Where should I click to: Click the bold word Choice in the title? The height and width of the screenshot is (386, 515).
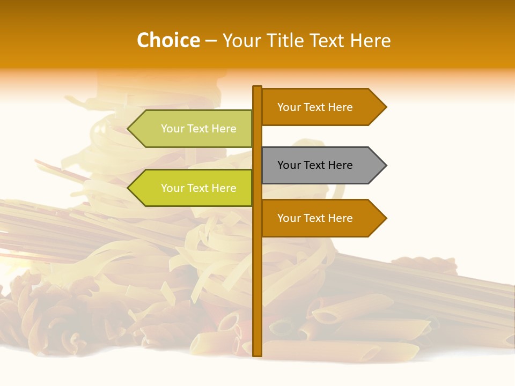pyautogui.click(x=168, y=40)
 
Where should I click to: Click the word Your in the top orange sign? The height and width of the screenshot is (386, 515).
pyautogui.click(x=289, y=107)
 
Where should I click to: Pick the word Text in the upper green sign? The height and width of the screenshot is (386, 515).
pyautogui.click(x=198, y=129)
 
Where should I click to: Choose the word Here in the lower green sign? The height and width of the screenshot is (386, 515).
pyautogui.click(x=224, y=188)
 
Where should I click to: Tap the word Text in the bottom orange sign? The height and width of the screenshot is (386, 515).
pyautogui.click(x=314, y=218)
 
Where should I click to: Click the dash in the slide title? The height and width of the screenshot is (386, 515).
pyautogui.click(x=211, y=41)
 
